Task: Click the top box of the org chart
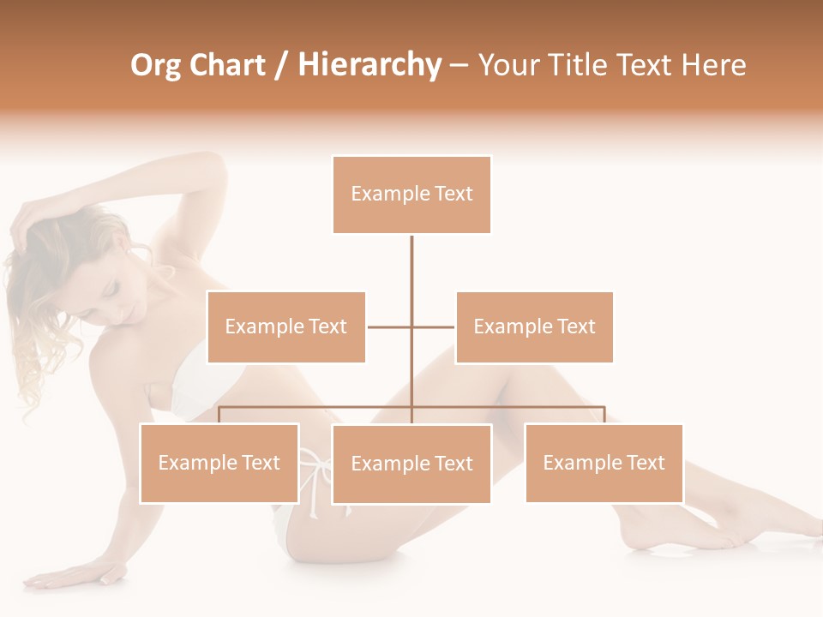(411, 195)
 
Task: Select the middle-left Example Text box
(286, 326)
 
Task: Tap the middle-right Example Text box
(534, 326)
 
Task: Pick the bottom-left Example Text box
(219, 463)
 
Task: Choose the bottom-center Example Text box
(411, 464)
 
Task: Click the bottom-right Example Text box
(604, 463)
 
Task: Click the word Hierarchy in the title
(369, 65)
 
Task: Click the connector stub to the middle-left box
(389, 326)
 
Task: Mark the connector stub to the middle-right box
(434, 326)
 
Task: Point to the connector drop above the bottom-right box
(604, 415)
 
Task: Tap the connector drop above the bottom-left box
(219, 415)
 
